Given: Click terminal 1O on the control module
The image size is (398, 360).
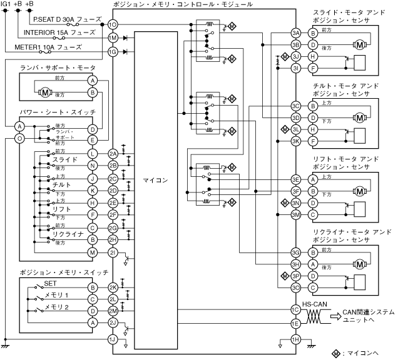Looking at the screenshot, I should (x=113, y=24).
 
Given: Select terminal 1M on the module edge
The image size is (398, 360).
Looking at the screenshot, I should (x=113, y=37).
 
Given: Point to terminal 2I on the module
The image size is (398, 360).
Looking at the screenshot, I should (x=113, y=251).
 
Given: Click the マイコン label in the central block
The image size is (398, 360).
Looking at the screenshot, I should (x=155, y=181).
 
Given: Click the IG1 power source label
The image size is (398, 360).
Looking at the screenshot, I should (x=6, y=4).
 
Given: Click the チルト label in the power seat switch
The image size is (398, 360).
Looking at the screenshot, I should (x=61, y=184).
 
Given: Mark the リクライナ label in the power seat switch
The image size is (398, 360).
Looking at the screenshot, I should (x=68, y=234).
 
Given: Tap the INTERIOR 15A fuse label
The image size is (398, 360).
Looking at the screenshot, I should (x=60, y=32).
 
